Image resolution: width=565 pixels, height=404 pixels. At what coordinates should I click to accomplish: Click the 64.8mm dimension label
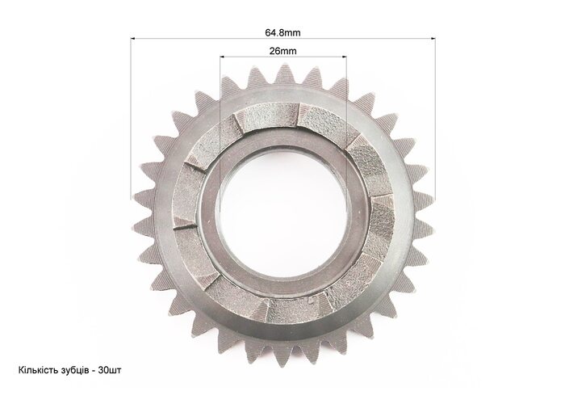(x=282, y=33)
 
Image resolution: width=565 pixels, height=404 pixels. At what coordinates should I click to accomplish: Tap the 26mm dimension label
(x=283, y=51)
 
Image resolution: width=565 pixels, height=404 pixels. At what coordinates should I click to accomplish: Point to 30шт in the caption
(x=110, y=370)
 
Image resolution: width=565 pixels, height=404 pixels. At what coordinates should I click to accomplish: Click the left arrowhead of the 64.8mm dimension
(x=132, y=38)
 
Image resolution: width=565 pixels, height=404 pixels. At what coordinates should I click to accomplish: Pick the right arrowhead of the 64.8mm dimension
(x=433, y=38)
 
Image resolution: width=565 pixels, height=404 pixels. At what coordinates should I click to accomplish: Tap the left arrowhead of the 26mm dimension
(x=222, y=57)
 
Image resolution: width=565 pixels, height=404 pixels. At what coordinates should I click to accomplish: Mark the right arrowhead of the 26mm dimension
(x=344, y=57)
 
